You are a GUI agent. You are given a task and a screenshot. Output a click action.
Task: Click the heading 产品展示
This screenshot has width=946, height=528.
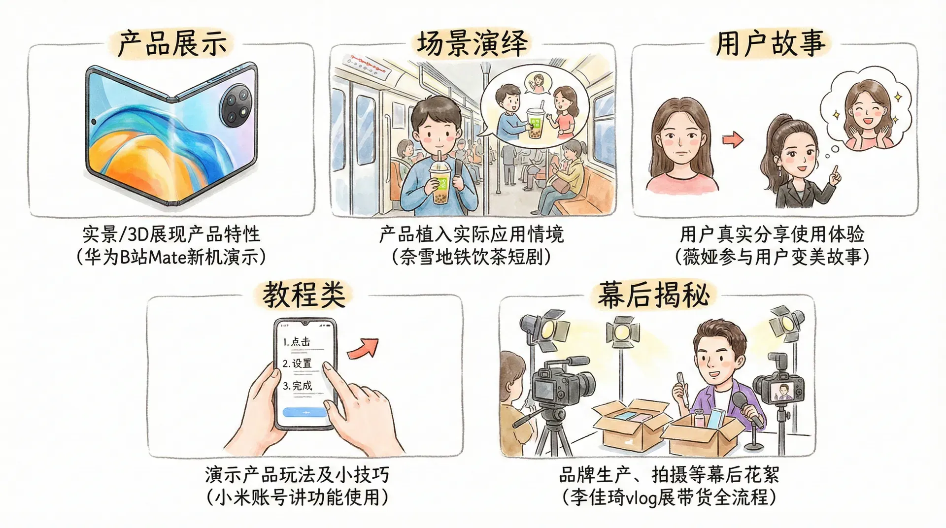point(172,43)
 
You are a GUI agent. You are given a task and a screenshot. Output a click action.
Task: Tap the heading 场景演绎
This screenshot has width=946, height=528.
point(473,42)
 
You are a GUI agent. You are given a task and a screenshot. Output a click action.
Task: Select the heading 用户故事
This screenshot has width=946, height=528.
point(770,43)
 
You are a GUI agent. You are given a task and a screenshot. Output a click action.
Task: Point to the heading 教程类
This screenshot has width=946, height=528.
point(304,295)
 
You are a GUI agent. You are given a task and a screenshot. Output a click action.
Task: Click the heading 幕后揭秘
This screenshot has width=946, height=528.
point(653,295)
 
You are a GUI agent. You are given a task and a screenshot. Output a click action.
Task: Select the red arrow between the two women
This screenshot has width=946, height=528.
point(733,140)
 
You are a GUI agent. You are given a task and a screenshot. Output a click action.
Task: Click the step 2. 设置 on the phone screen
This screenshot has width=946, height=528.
point(297,363)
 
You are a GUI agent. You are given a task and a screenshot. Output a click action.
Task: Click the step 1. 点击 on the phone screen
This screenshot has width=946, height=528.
point(297,341)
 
